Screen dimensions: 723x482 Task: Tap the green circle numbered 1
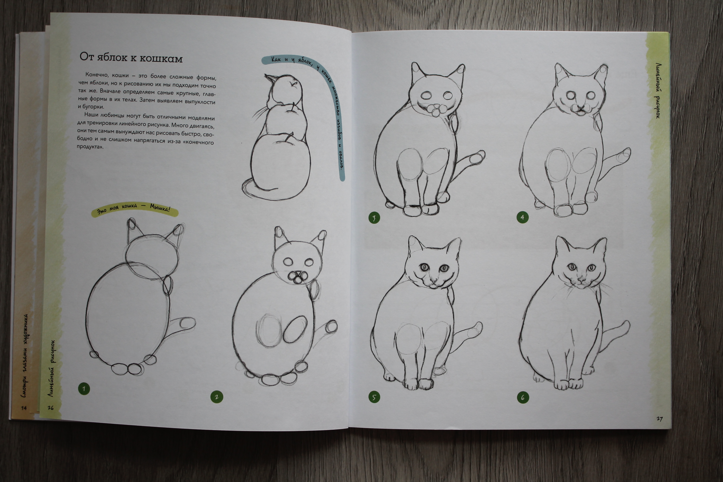click(x=84, y=389)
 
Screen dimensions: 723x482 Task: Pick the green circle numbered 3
click(x=374, y=218)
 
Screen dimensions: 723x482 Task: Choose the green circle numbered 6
click(x=523, y=398)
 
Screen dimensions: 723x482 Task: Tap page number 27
click(x=659, y=419)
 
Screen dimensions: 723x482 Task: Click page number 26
click(x=51, y=408)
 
